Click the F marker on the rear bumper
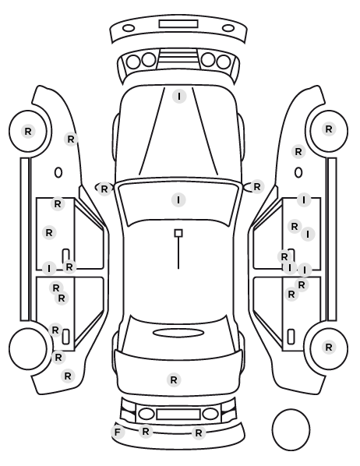[x=118, y=432]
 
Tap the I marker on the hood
[x=179, y=97]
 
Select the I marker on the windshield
[x=178, y=200]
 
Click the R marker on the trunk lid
[x=174, y=380]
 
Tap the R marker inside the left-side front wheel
[x=28, y=131]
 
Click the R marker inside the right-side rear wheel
[x=329, y=347]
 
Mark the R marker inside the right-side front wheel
[x=329, y=129]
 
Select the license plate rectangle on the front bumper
[x=178, y=24]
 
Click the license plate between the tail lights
[x=178, y=414]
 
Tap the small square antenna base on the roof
[x=178, y=233]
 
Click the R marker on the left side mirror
[x=104, y=189]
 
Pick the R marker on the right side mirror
[x=257, y=187]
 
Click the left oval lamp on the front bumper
[x=129, y=28]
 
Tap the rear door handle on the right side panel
[x=291, y=337]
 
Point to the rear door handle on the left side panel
[x=66, y=337]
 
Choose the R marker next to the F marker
[x=146, y=431]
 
